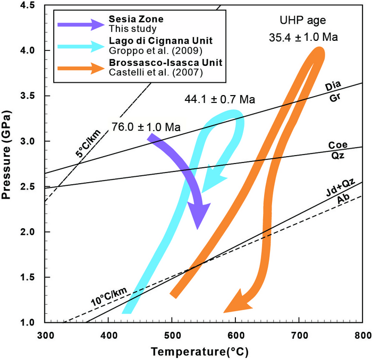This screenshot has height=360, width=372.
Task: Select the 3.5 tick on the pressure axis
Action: pyautogui.click(x=33, y=96)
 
